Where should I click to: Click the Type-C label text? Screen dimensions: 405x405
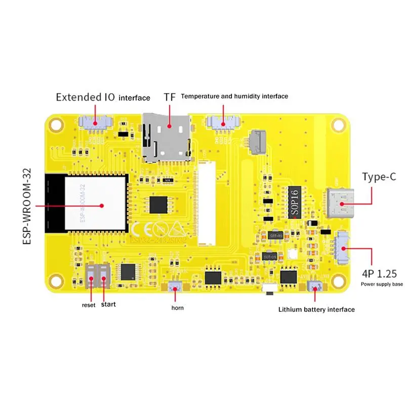(x=379, y=177)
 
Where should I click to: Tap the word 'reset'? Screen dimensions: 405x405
(x=89, y=305)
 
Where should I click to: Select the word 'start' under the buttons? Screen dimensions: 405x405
(x=108, y=305)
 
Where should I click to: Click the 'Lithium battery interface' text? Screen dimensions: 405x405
(x=316, y=309)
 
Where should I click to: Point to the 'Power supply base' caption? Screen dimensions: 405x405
(x=382, y=285)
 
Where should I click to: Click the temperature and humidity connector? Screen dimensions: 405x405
(x=221, y=122)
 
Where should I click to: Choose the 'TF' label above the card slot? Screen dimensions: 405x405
(x=169, y=97)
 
